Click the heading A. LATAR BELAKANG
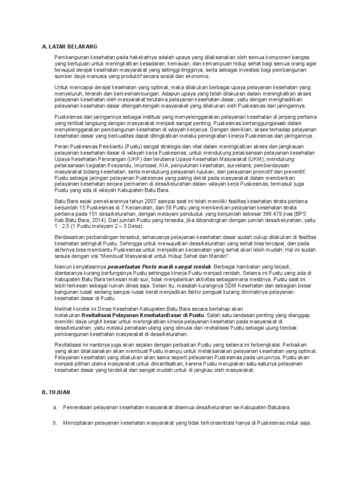tap(69, 46)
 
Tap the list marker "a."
tap(55, 407)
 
